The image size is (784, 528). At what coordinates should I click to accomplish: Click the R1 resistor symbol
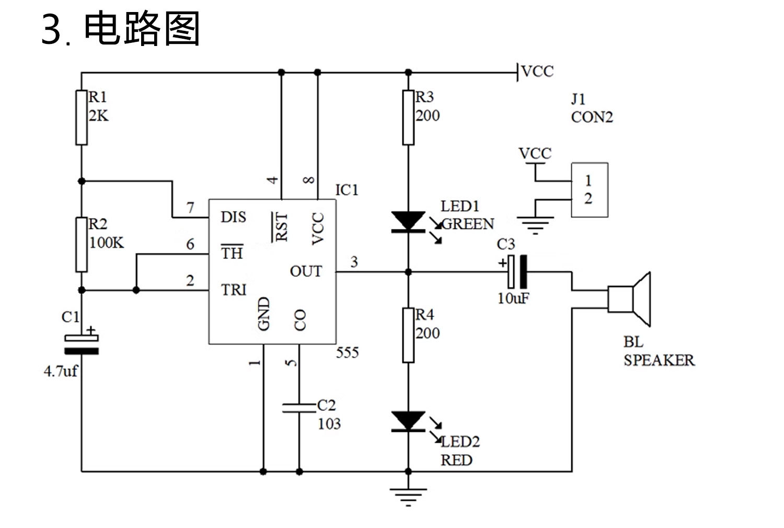(x=82, y=118)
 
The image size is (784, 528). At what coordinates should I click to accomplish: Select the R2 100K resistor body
(x=82, y=245)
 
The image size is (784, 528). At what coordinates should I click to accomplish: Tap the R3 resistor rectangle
(x=408, y=118)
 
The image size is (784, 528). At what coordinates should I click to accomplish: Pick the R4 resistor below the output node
(x=408, y=335)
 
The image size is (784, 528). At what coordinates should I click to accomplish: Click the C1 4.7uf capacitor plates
(x=82, y=345)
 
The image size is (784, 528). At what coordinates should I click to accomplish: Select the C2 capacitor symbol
(x=299, y=408)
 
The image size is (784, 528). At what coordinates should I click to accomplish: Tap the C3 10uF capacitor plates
(x=517, y=271)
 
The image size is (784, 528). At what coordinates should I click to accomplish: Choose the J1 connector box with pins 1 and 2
(x=590, y=190)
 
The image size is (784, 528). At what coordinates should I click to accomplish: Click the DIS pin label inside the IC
(x=233, y=217)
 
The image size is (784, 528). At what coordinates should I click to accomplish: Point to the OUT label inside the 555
(x=306, y=271)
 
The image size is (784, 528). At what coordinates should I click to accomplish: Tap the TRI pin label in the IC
(x=233, y=290)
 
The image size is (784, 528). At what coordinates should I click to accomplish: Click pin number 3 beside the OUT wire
(x=354, y=262)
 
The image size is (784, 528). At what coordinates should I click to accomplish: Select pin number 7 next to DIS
(x=190, y=208)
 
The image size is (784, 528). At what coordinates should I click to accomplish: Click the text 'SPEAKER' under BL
(x=659, y=360)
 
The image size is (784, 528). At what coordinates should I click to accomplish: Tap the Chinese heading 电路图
(x=142, y=30)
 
